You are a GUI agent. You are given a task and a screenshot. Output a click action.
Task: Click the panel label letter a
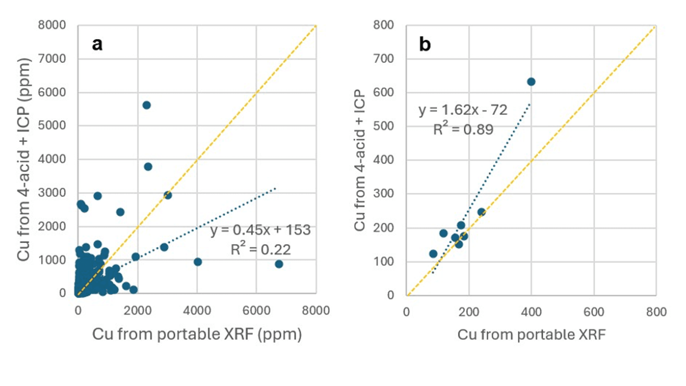point(97,44)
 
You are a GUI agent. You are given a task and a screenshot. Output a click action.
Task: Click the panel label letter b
point(425,44)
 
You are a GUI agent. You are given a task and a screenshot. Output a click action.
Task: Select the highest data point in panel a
point(146,105)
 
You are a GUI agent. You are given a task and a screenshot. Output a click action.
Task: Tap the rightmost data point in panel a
point(279,264)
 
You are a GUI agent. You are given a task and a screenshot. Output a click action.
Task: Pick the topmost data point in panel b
point(531,82)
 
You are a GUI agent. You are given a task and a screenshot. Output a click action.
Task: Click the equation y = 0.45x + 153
point(260,230)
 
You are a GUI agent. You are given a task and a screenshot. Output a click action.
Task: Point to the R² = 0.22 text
point(260,249)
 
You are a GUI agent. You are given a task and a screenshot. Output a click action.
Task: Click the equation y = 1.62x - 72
point(463,110)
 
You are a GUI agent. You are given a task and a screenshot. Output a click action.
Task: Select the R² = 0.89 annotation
point(463,129)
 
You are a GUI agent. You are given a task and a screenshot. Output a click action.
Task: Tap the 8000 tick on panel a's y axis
point(52,25)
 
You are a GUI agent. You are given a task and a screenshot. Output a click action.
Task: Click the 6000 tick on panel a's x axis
point(256,311)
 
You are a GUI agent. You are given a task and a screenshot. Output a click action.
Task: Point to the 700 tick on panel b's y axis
point(383,59)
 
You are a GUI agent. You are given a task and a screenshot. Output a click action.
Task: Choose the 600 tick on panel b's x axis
point(594,312)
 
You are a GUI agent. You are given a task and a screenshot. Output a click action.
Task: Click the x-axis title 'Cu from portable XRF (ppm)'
point(197,334)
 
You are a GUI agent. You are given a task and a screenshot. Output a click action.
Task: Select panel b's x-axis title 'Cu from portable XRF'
point(531,335)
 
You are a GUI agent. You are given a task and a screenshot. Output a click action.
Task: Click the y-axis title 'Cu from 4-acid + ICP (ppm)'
point(24,159)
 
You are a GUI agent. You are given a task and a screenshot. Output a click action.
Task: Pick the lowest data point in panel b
point(433,254)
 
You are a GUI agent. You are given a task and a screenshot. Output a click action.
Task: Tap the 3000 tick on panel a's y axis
point(52,193)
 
